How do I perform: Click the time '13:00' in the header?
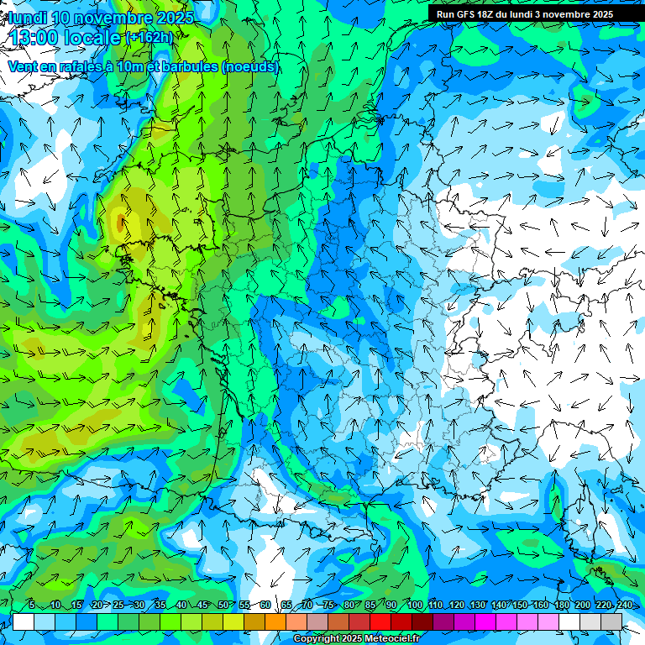[37, 37]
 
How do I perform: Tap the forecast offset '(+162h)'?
[150, 38]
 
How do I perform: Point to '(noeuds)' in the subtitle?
[250, 66]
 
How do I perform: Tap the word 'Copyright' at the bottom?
[317, 639]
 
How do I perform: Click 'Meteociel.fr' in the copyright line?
[392, 639]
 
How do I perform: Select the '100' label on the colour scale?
[414, 605]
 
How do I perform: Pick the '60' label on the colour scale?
[265, 605]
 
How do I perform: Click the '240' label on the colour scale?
[625, 605]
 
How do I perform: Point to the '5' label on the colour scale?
[32, 605]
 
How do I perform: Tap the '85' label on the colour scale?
[370, 605]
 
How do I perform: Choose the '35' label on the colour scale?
[160, 605]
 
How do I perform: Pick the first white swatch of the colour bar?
[24, 621]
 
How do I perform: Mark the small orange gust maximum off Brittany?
[122, 223]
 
